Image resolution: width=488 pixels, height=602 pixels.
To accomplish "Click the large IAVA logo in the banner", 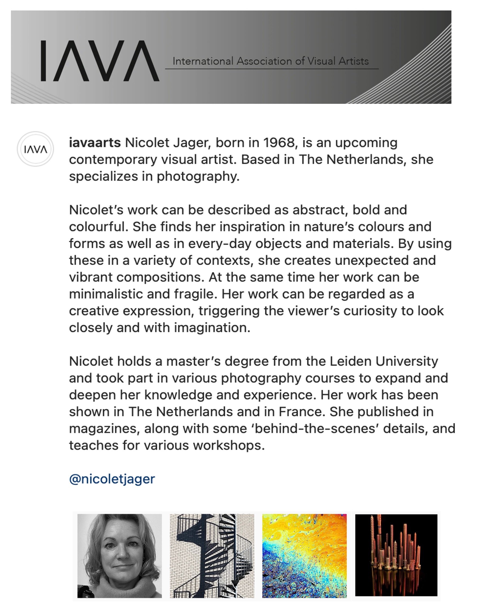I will pos(100,61).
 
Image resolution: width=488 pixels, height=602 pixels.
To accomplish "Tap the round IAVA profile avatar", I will pos(35,149).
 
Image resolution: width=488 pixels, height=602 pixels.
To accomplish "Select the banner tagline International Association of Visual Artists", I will pos(270,61).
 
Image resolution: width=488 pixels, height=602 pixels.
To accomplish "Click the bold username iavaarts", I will pos(95,143).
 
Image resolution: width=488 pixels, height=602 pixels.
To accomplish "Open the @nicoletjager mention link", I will pos(112,479).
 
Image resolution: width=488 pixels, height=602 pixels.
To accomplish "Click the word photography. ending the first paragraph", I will pos(198,177).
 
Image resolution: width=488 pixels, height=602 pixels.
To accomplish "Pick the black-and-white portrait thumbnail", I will pos(120,556).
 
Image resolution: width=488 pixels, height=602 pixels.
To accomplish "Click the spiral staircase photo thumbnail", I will pos(212,556).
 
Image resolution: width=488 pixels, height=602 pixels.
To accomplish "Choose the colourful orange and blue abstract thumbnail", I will pos(304,556).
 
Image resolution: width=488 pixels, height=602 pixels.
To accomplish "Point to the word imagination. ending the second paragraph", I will pos(212,328).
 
